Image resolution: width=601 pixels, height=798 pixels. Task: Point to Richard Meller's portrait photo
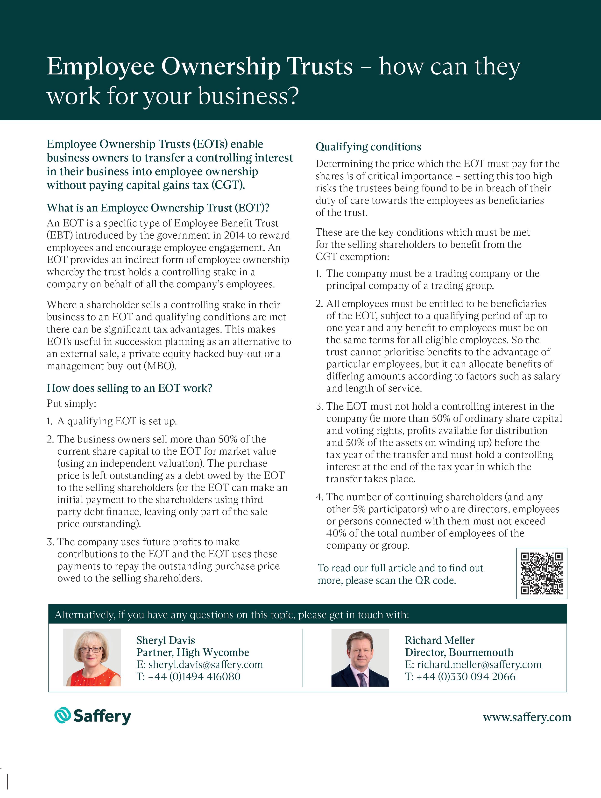pos(360,657)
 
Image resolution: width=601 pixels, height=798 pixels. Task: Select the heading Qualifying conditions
pos(368,147)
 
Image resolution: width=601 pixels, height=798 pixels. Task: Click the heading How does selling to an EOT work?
pos(129,388)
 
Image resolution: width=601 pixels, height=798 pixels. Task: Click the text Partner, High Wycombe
pos(192,652)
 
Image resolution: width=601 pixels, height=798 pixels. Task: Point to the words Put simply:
pos(71,403)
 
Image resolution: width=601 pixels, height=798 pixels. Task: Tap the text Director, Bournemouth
pos(459,652)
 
